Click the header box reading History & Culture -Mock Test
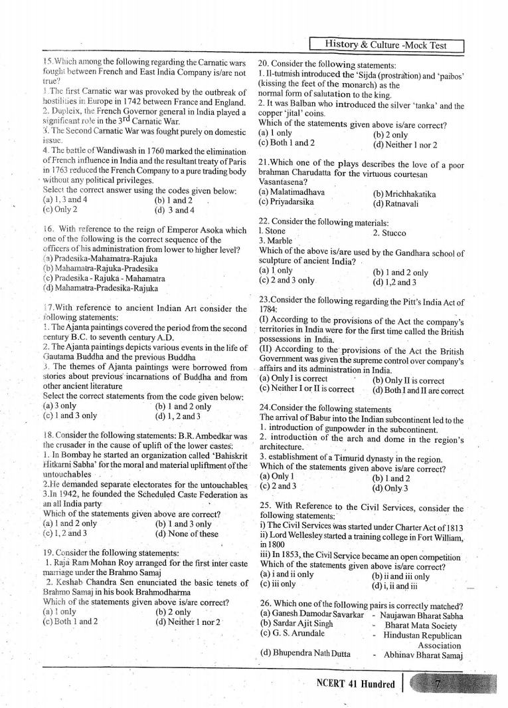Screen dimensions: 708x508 (386, 45)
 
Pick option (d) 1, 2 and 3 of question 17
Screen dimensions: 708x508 (177, 416)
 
